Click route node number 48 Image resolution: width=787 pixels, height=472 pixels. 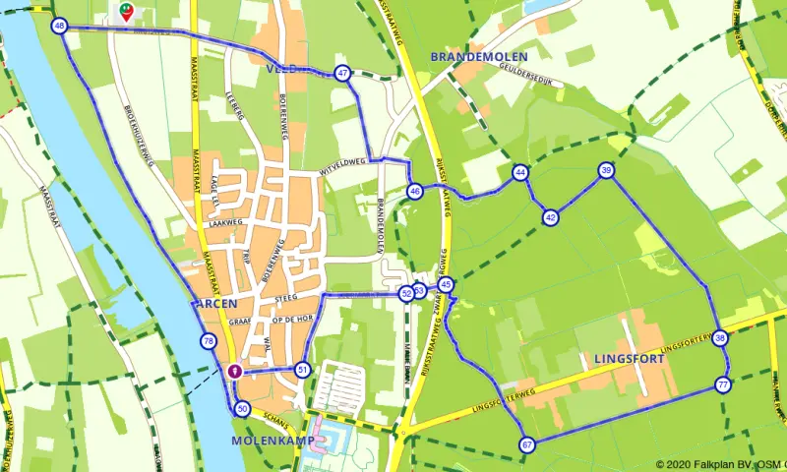(x=60, y=27)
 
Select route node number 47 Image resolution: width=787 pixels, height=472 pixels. (x=342, y=73)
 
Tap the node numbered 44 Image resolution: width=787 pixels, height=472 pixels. (x=519, y=173)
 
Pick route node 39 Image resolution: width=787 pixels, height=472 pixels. (x=606, y=171)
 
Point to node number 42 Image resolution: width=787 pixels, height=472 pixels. (x=551, y=216)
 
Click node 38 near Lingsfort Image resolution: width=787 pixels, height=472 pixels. (x=721, y=338)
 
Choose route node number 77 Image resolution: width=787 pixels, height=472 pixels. (x=723, y=384)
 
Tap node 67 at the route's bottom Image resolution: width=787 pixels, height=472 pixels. (x=527, y=445)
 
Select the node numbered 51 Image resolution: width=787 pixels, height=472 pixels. (x=302, y=370)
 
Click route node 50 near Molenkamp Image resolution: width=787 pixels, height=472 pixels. (x=243, y=408)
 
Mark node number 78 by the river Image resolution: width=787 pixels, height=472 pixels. (x=208, y=342)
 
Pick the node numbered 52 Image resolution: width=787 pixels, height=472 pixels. (x=406, y=293)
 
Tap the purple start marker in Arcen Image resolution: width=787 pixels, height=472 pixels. (x=234, y=371)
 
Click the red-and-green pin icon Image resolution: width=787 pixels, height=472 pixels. (x=126, y=12)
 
